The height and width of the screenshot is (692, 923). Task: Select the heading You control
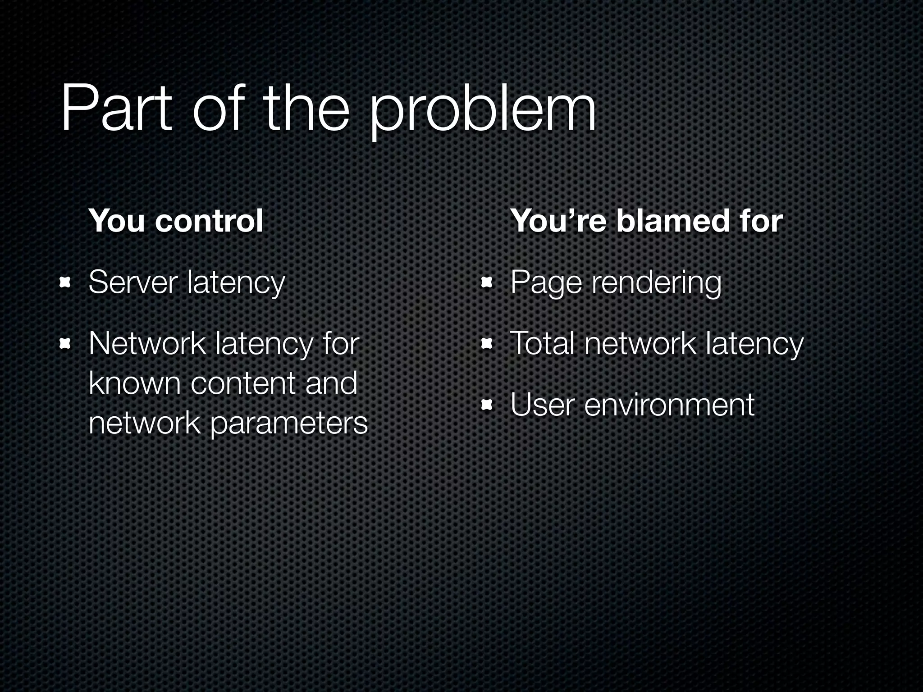[176, 221]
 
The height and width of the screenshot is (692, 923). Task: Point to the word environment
[669, 405]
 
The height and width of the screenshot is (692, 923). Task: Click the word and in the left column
[331, 383]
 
